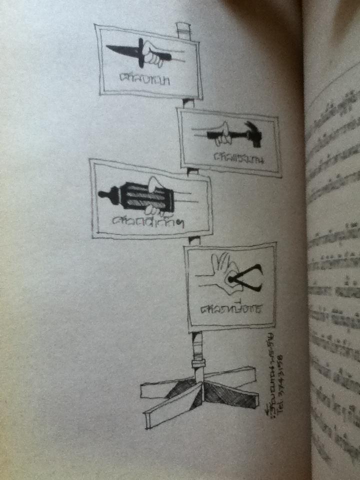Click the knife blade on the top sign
tap(122, 50)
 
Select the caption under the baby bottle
tap(147, 221)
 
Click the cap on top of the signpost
tap(183, 30)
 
